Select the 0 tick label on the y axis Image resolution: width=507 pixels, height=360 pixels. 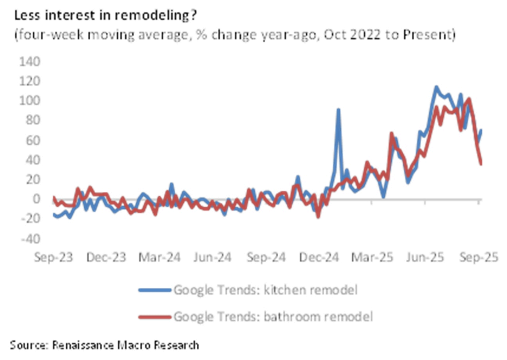pyautogui.click(x=36, y=199)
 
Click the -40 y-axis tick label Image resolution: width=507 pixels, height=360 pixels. pyautogui.click(x=30, y=239)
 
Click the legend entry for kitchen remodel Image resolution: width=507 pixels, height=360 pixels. pyautogui.click(x=266, y=290)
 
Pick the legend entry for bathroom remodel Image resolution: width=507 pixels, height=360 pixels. pyautogui.click(x=272, y=316)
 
